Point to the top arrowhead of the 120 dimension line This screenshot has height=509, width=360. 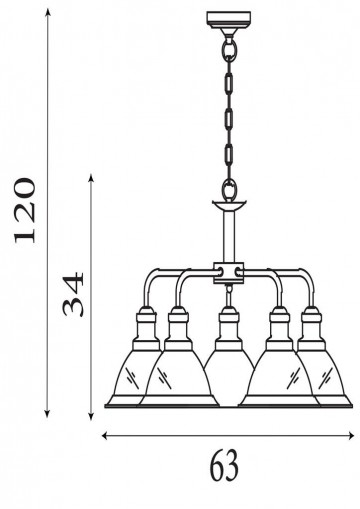(49, 11)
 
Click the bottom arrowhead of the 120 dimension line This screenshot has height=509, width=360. (49, 412)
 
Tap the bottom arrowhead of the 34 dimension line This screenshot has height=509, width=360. (92, 411)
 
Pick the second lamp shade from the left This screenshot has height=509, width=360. (178, 376)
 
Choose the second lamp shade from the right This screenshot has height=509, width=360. (283, 376)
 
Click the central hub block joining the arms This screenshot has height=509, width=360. (230, 270)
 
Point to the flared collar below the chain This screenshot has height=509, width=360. (230, 206)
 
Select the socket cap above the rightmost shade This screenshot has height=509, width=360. (313, 322)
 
